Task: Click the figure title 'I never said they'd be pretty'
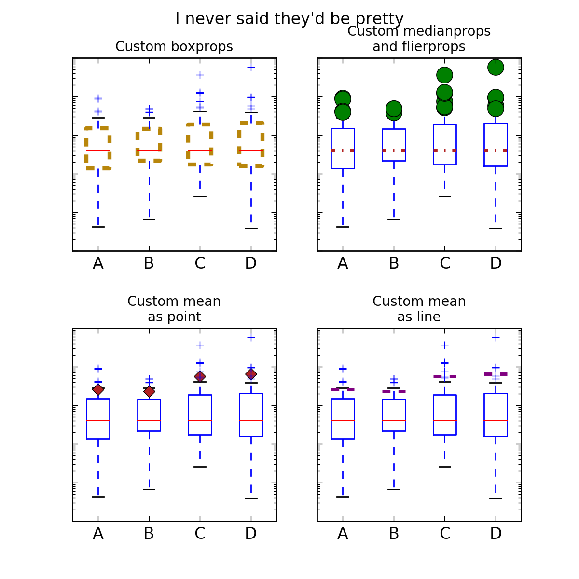[x=289, y=19]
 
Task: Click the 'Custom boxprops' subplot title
[x=174, y=47]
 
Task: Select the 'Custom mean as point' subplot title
[x=174, y=309]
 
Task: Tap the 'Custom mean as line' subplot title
[x=419, y=309]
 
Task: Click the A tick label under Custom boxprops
[x=98, y=263]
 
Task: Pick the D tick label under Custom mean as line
[x=496, y=534]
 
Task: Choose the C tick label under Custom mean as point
[x=200, y=534]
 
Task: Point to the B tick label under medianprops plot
[x=394, y=263]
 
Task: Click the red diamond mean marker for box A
[x=98, y=389]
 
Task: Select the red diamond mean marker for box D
[x=251, y=374]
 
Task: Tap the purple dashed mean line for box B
[x=394, y=391]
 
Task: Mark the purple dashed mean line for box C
[x=444, y=376]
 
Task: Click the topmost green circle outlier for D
[x=496, y=67]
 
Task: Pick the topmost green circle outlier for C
[x=444, y=75]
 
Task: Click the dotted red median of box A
[x=343, y=150]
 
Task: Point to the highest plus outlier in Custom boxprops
[x=251, y=67]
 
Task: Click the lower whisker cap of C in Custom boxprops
[x=200, y=196]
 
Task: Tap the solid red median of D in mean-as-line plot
[x=496, y=420]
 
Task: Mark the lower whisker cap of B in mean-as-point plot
[x=149, y=489]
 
